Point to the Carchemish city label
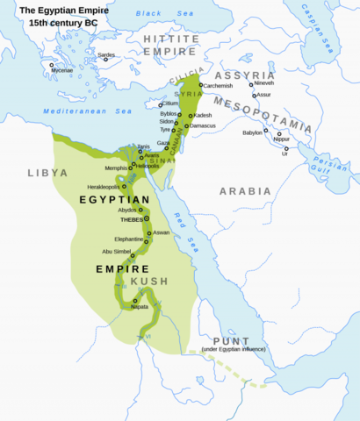click(218, 86)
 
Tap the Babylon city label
click(253, 132)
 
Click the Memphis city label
click(116, 167)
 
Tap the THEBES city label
click(131, 221)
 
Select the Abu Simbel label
click(119, 252)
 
